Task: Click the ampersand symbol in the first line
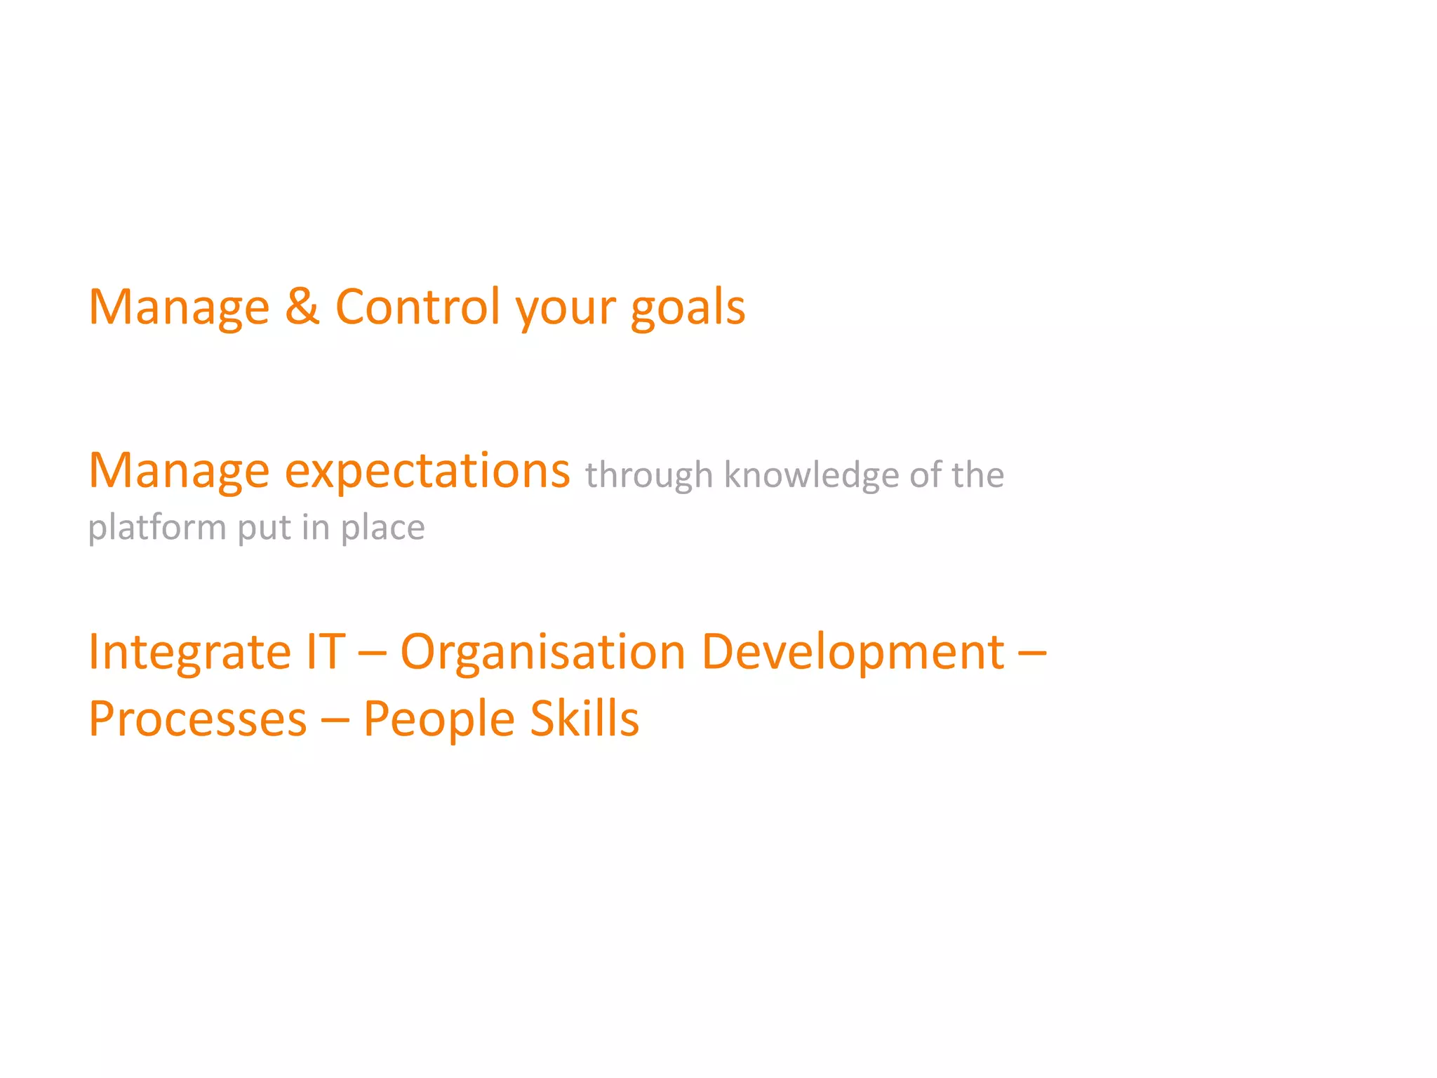[302, 307]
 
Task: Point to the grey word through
[649, 476]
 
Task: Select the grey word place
[382, 528]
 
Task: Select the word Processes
[198, 719]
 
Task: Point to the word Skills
[584, 719]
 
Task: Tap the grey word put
[264, 528]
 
